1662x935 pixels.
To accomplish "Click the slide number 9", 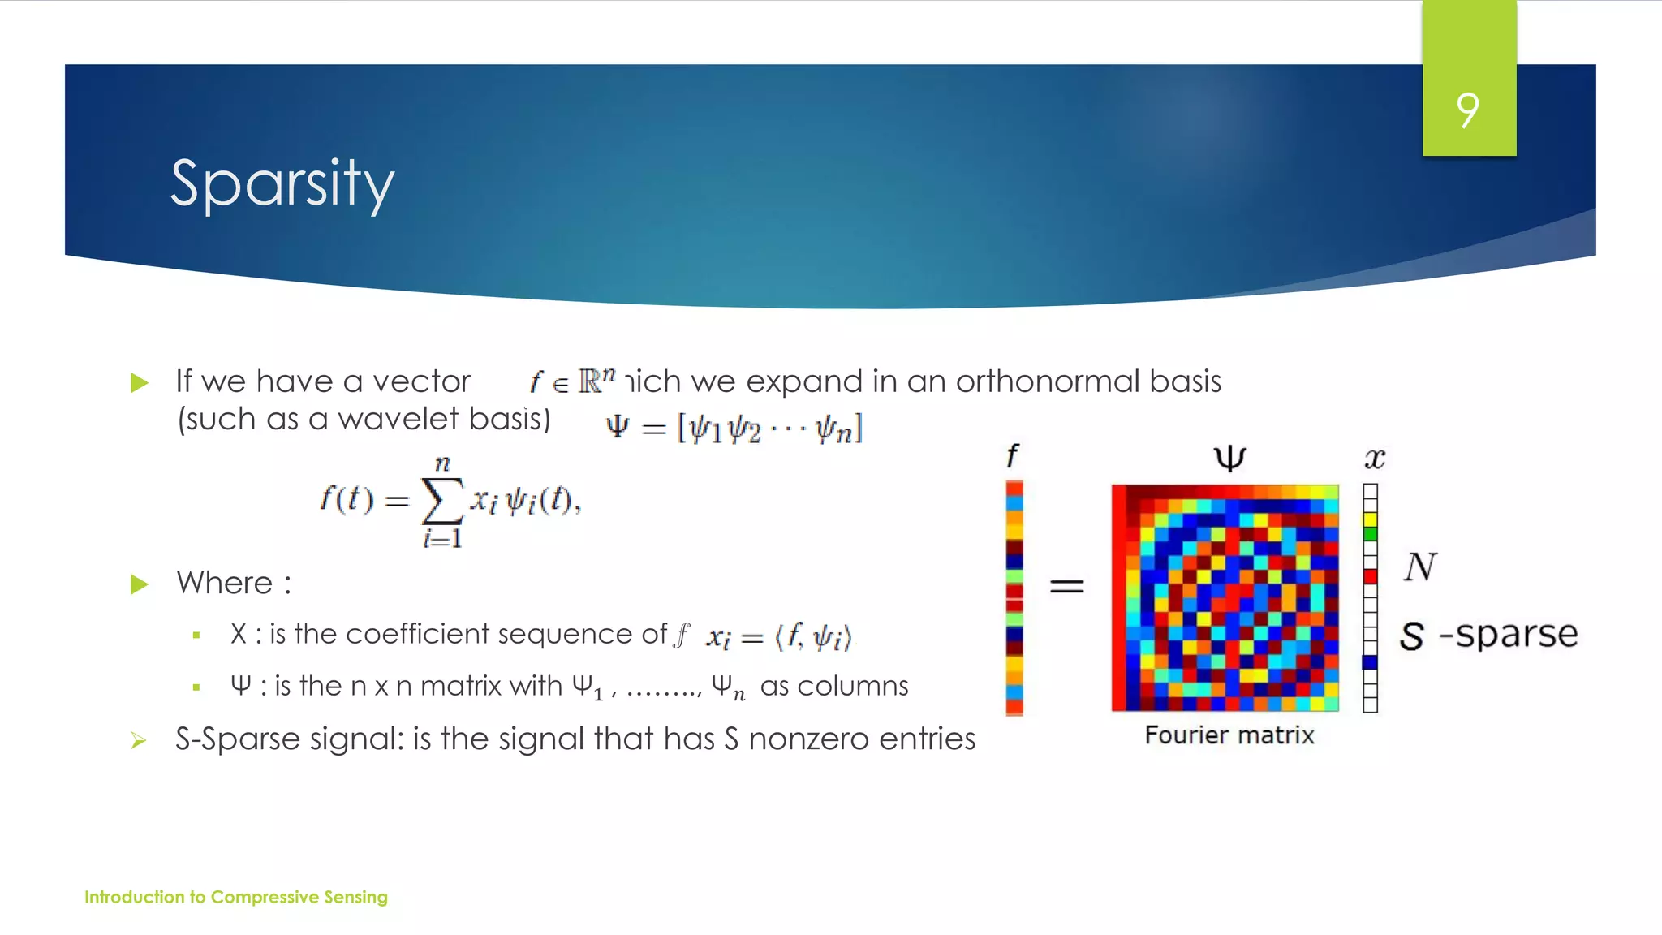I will (1468, 110).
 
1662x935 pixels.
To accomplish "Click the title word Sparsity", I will (282, 184).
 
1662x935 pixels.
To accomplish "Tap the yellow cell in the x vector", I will (1371, 519).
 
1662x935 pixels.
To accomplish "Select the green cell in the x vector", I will (1371, 534).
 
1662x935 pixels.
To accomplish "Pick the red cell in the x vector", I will (1371, 577).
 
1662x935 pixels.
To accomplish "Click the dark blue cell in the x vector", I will (1371, 662).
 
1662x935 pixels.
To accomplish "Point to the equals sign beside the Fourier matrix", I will (1067, 585).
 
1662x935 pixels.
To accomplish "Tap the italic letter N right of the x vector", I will (1420, 567).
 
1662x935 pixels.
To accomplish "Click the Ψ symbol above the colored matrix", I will (1229, 459).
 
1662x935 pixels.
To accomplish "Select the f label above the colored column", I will (1012, 456).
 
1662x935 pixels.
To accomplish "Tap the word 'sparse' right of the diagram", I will (1516, 635).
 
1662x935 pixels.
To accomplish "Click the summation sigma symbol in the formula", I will (442, 501).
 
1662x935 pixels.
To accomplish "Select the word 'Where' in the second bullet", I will (225, 584).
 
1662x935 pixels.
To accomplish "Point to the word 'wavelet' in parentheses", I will (398, 420).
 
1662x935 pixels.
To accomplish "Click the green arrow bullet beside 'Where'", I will (140, 584).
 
